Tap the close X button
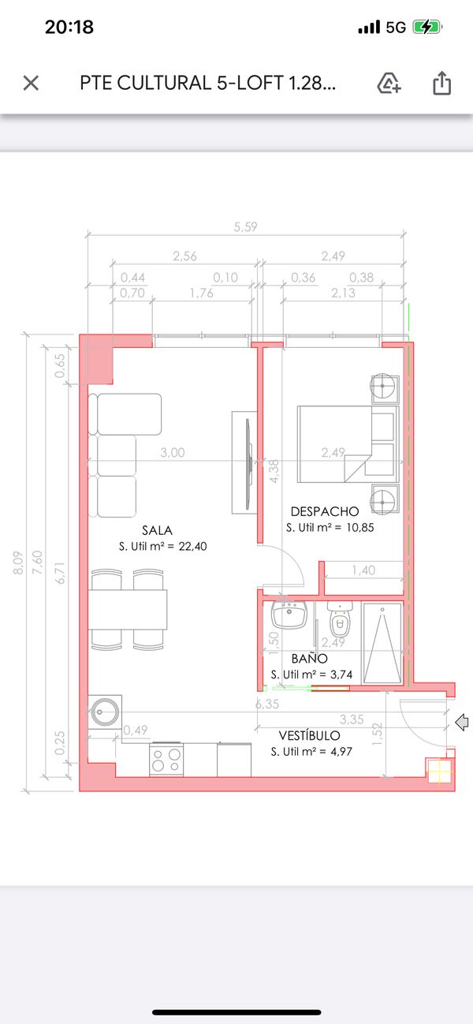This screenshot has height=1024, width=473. (31, 83)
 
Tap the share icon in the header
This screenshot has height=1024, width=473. (441, 83)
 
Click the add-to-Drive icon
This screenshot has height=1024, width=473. (389, 83)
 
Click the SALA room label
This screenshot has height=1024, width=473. (157, 530)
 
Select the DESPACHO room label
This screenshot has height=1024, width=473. (325, 511)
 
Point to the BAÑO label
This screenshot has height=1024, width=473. (309, 658)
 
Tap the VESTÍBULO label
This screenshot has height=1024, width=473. (309, 736)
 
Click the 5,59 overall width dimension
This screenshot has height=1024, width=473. (245, 227)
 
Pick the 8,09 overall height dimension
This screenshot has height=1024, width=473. (18, 562)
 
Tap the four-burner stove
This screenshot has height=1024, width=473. (166, 760)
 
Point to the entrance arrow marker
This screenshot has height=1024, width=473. (463, 720)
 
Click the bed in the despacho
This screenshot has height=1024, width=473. (333, 445)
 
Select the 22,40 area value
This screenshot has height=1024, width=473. (192, 546)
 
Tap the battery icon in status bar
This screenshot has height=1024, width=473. (426, 27)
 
